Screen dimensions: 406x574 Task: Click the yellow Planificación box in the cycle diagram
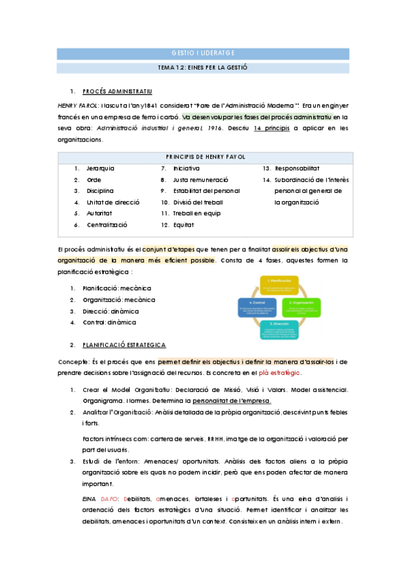[x=279, y=284]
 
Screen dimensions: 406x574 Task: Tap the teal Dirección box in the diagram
[x=279, y=329]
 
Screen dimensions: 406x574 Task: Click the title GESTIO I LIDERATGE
[x=203, y=53]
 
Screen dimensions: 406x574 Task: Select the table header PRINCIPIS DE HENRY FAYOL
[x=205, y=156]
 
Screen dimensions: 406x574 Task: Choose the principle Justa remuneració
[x=201, y=179]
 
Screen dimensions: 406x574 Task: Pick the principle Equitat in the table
[x=184, y=224]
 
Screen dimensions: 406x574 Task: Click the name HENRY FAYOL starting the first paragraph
[x=78, y=106]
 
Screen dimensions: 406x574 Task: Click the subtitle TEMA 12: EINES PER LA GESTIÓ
[x=203, y=68]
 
